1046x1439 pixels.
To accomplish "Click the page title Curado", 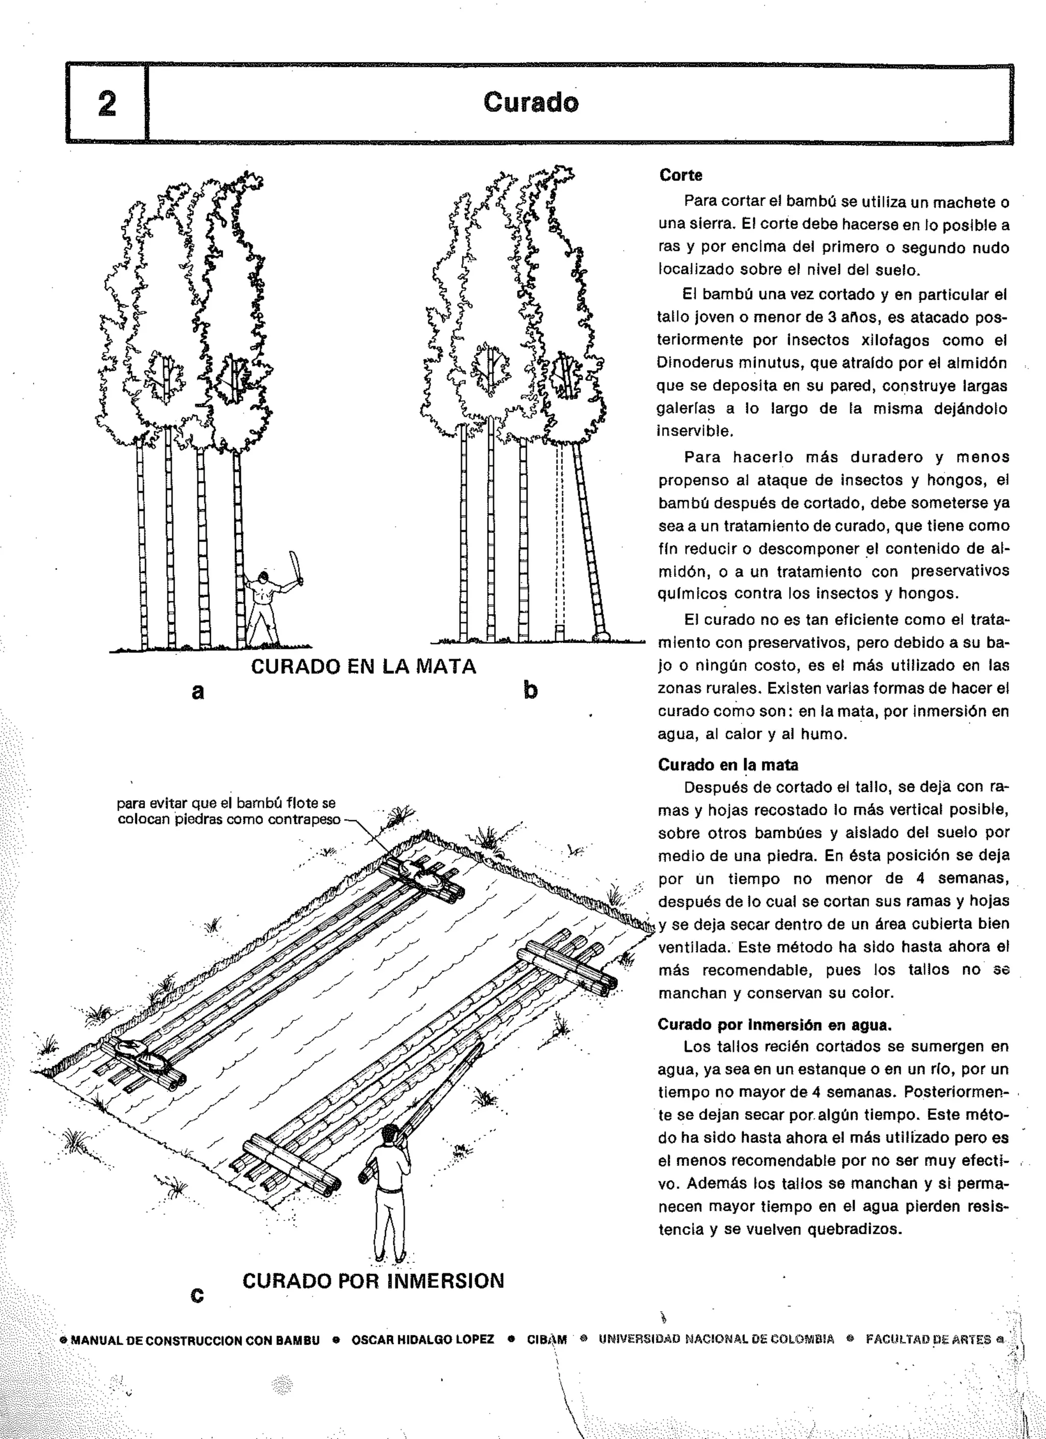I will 531,102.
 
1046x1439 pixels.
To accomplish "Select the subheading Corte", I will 680,175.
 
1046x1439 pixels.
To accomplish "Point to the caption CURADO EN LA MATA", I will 364,667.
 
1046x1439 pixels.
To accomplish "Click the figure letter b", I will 531,690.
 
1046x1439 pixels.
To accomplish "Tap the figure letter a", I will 198,691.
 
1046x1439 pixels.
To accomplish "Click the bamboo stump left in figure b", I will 560,632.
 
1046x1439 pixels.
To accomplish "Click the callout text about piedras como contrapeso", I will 228,812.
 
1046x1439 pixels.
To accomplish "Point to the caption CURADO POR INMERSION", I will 373,1281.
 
